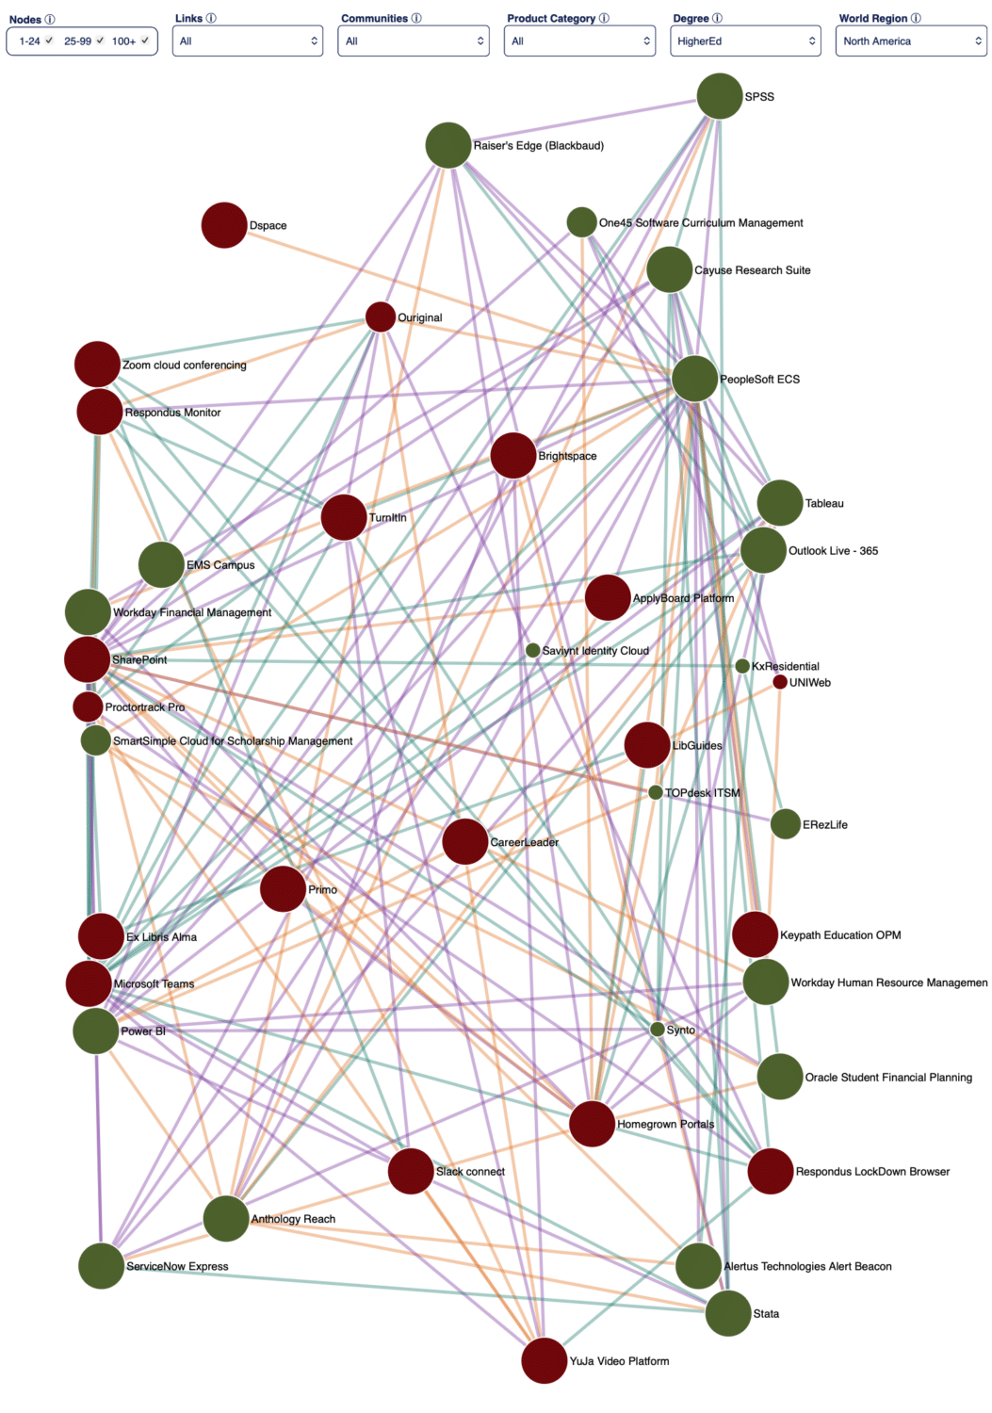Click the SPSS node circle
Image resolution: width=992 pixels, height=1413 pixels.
719,96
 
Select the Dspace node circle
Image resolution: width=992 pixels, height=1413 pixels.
224,225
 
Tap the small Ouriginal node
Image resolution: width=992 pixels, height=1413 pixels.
380,317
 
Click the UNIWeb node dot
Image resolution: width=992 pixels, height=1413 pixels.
780,682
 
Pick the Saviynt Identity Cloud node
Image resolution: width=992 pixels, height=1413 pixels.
532,650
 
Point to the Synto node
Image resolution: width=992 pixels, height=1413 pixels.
657,1030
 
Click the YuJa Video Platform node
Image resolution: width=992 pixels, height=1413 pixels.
544,1360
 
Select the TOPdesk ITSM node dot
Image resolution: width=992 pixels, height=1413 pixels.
656,792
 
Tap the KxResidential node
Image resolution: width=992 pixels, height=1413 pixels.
742,666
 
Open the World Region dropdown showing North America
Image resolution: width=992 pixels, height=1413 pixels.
911,41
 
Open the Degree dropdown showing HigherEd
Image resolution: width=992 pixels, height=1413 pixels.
745,41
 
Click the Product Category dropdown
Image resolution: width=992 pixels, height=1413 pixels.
579,41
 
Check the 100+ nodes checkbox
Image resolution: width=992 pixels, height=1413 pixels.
145,41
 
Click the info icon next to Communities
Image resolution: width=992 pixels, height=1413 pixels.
416,18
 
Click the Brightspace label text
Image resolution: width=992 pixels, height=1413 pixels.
567,456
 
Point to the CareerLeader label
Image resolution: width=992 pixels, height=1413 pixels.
525,842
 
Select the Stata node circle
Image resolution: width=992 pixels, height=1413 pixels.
728,1313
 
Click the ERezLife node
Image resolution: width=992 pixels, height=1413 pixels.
786,824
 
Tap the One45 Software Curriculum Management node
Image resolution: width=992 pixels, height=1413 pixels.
581,222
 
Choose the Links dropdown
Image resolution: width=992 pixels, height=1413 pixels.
248,41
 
